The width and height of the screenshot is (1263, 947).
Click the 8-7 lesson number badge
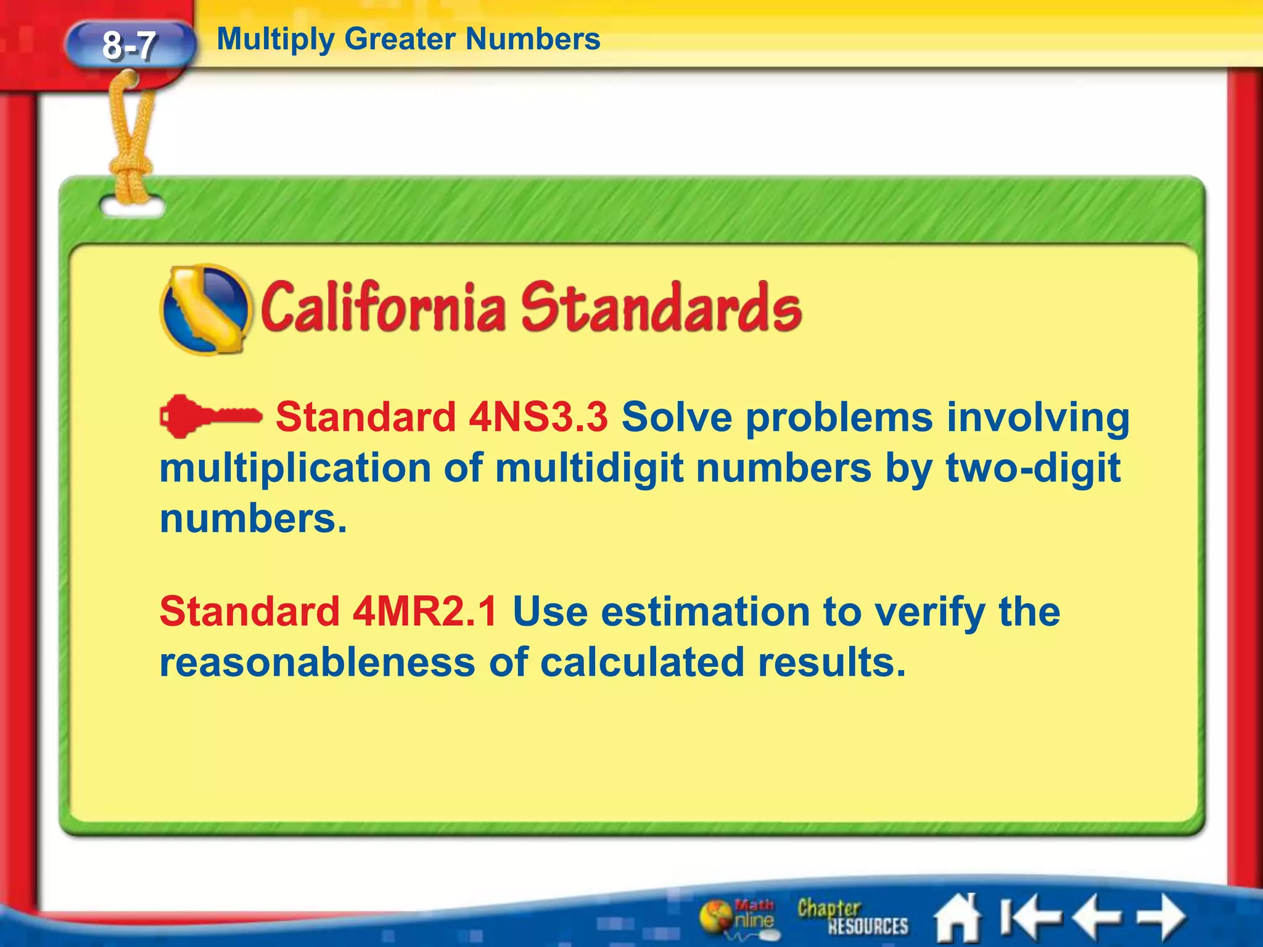point(130,45)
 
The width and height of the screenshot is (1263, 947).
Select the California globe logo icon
point(206,310)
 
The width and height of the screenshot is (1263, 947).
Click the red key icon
point(210,417)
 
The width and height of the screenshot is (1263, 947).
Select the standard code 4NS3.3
point(538,417)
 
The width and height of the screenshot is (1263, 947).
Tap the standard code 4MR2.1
point(425,612)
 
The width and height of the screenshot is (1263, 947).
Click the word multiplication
point(295,469)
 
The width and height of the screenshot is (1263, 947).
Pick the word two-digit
point(1033,469)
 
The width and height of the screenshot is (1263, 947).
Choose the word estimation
point(705,612)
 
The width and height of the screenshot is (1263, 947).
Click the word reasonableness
point(317,662)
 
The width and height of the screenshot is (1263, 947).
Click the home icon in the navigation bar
point(957,919)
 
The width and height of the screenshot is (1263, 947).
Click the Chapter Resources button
point(852,917)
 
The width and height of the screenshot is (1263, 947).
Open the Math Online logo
point(738,917)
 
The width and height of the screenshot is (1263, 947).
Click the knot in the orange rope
point(131,168)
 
